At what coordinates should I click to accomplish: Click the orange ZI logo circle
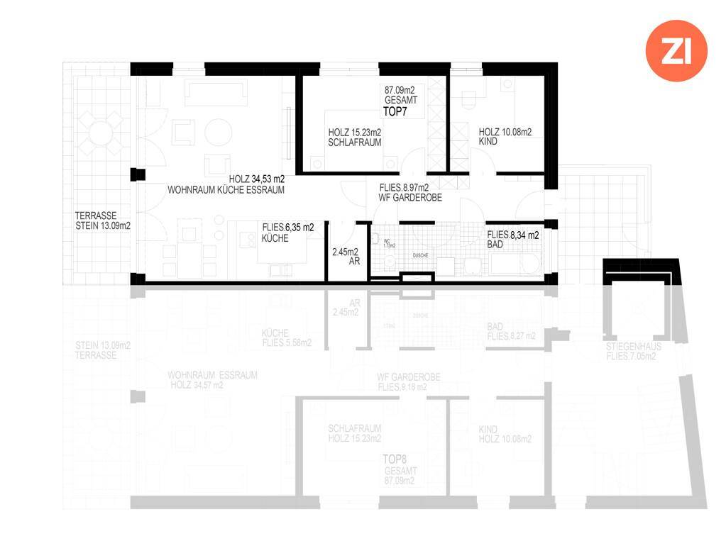(x=676, y=50)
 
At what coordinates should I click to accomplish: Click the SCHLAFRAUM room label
(x=354, y=143)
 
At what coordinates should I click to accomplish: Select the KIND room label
(x=488, y=142)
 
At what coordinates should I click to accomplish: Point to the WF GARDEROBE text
(x=411, y=199)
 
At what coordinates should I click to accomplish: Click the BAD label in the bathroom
(x=495, y=245)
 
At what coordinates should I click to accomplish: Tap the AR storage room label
(x=355, y=262)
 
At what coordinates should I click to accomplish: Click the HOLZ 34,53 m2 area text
(x=256, y=179)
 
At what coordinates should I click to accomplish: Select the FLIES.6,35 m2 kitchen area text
(x=288, y=227)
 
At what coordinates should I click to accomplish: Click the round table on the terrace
(x=99, y=135)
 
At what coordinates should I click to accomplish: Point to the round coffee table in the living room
(x=218, y=133)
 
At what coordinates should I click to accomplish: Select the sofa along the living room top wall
(x=216, y=92)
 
